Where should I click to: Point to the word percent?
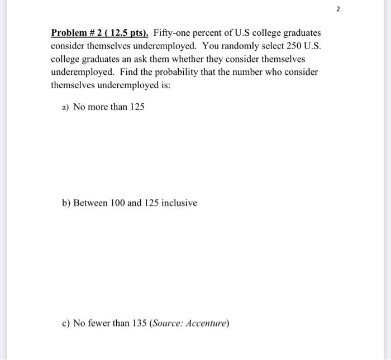(x=209, y=33)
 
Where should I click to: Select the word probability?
(x=171, y=73)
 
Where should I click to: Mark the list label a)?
(x=66, y=107)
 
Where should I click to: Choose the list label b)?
(x=66, y=203)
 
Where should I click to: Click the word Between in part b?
(x=90, y=203)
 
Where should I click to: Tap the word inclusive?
(x=179, y=203)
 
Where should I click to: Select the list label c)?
(x=66, y=323)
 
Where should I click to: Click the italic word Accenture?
(x=206, y=323)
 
